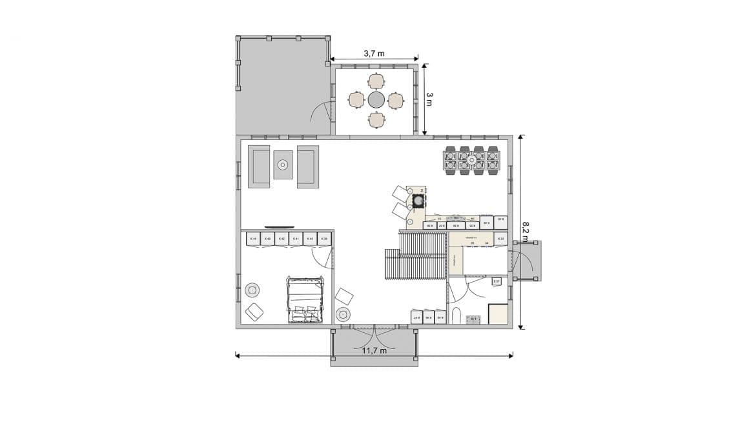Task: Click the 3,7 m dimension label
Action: tap(374, 54)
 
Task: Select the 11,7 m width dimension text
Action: tap(374, 351)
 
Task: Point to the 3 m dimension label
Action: tap(429, 98)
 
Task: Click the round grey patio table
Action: tap(376, 99)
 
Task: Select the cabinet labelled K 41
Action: tap(295, 239)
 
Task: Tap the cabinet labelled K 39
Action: tap(325, 239)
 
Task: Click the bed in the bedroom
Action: tap(304, 299)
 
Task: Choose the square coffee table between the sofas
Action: tap(283, 165)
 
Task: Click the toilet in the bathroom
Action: tap(457, 315)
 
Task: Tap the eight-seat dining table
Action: tap(472, 161)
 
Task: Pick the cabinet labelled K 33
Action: tap(500, 239)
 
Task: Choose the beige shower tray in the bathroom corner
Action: tap(498, 314)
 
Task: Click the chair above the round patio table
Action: tap(376, 81)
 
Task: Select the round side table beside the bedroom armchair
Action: tap(252, 290)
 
